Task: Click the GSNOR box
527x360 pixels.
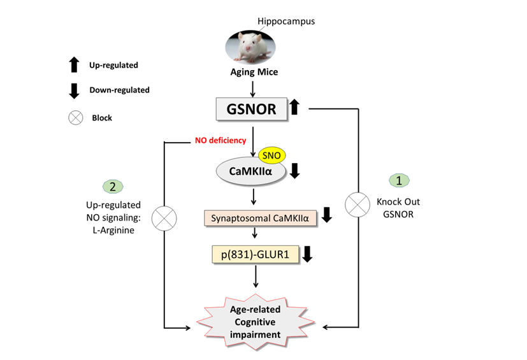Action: pyautogui.click(x=253, y=109)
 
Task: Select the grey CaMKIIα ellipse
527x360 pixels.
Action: pyautogui.click(x=252, y=171)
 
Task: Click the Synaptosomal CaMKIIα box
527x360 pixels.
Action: pyautogui.click(x=260, y=218)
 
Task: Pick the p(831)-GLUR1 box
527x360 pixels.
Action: pyautogui.click(x=255, y=254)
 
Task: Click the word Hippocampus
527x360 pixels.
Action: pyautogui.click(x=286, y=22)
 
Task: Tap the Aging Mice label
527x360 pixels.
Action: pyautogui.click(x=254, y=72)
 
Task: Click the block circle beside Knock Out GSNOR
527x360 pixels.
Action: pyautogui.click(x=357, y=205)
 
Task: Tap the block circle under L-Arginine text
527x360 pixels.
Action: pyautogui.click(x=165, y=218)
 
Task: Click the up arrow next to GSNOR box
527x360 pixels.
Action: pyautogui.click(x=294, y=107)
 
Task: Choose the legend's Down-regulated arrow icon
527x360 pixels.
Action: pyautogui.click(x=74, y=90)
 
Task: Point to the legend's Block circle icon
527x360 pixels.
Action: pyautogui.click(x=74, y=117)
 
